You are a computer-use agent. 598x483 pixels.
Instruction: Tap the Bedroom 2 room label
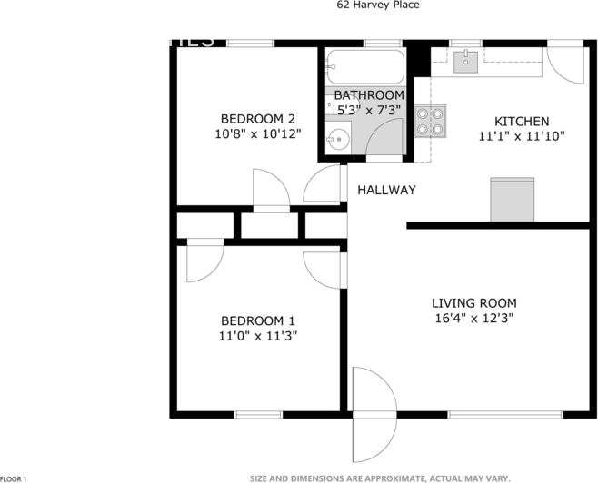(x=259, y=118)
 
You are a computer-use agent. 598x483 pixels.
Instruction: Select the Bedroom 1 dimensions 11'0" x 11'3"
(x=259, y=335)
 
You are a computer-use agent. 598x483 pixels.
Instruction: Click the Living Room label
(x=473, y=303)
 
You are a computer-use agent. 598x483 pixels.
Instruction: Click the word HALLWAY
(x=386, y=190)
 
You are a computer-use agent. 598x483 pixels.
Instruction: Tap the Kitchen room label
(x=521, y=122)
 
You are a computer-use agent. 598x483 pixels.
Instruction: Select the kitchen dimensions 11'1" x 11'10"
(x=521, y=136)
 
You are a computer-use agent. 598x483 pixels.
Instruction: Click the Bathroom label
(x=368, y=95)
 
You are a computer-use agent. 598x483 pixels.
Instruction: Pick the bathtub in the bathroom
(x=365, y=66)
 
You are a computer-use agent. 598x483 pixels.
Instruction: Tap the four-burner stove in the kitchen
(x=430, y=122)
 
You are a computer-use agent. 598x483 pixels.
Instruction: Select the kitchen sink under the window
(x=466, y=60)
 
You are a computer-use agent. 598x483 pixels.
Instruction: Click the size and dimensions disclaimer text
(x=381, y=478)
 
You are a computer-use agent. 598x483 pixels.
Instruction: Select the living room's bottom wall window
(x=504, y=415)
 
